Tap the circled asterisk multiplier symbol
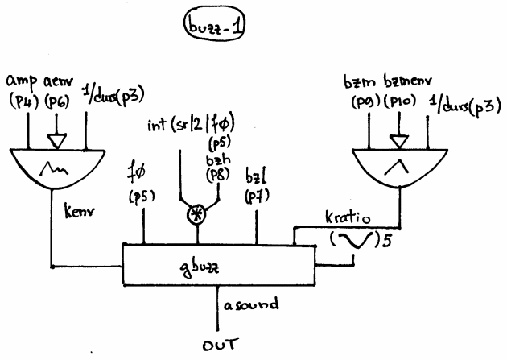pos(192,215)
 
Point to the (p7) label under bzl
pos(257,197)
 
